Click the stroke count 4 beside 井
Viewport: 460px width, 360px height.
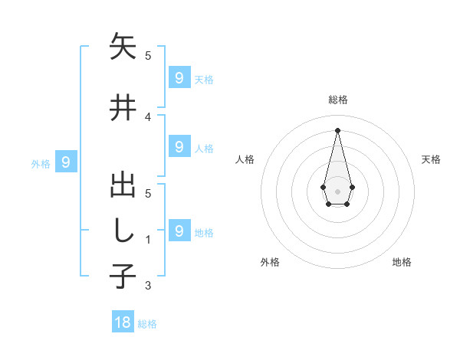pos(148,116)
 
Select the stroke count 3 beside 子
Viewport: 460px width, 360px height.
pos(148,286)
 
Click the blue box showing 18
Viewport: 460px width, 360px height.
pos(123,322)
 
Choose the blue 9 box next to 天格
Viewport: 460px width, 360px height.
pos(179,77)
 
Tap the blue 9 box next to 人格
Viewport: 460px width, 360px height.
pos(179,146)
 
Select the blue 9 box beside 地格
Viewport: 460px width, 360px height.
pos(179,230)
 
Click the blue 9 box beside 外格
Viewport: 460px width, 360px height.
pos(66,162)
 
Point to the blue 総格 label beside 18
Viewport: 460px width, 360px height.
pos(147,324)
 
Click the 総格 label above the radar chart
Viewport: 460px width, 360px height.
pos(337,100)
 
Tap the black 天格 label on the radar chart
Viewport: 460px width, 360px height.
pos(431,159)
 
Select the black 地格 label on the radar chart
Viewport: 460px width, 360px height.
pos(402,262)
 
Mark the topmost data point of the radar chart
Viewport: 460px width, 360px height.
pos(337,129)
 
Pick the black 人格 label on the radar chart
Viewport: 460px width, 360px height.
pos(245,159)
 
